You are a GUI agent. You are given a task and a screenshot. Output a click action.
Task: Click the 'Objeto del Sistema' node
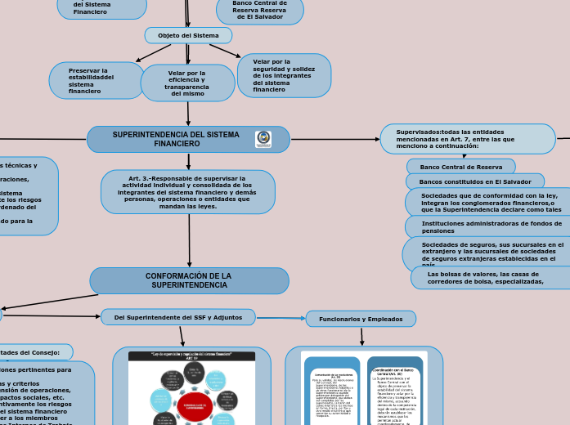tap(188, 35)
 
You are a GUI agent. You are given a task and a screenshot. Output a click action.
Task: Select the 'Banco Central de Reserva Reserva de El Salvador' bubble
tap(260, 11)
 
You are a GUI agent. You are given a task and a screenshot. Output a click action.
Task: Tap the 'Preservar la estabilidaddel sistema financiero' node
tap(96, 81)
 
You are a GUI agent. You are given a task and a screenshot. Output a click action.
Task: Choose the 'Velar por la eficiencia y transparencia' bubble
tap(187, 83)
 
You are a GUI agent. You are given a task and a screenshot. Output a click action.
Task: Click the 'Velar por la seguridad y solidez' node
tap(284, 75)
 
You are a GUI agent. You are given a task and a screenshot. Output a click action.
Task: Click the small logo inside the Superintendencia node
tap(263, 139)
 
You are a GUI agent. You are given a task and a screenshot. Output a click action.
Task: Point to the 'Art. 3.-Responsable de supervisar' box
tap(187, 192)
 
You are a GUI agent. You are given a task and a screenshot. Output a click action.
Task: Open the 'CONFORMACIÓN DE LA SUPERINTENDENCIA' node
tap(189, 280)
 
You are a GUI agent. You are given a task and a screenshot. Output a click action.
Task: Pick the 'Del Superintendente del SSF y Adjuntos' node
tap(177, 316)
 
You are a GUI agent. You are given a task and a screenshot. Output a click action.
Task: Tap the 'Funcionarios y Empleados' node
tap(361, 318)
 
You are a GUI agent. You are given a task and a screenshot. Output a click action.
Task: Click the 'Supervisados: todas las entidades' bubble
tap(467, 139)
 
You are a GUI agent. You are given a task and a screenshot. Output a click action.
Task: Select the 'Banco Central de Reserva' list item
tap(460, 167)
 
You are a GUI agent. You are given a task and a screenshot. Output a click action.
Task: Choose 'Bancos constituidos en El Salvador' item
tap(475, 181)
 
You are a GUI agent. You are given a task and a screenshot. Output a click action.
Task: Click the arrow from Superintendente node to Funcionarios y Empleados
tap(281, 318)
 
